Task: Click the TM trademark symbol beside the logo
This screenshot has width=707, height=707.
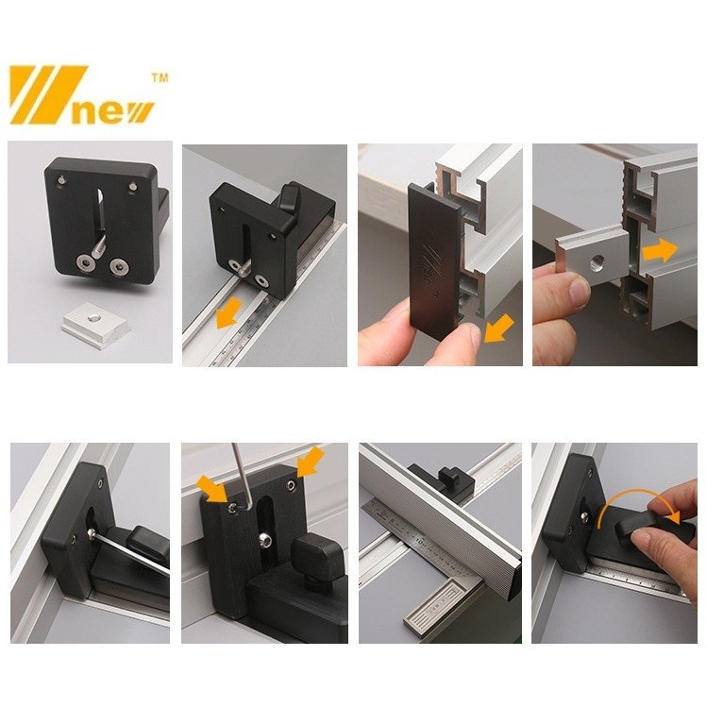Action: tap(160, 78)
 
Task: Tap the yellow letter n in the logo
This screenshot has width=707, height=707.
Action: tap(83, 112)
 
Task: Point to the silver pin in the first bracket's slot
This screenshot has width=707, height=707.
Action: tap(99, 248)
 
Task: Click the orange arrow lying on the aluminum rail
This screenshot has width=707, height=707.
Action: tap(228, 313)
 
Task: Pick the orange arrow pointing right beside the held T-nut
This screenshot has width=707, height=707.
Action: tap(660, 251)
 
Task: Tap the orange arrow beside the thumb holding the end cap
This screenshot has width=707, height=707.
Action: tap(498, 328)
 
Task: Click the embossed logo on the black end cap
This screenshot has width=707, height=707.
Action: tap(427, 270)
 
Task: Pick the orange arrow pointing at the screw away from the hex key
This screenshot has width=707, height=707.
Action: tap(311, 461)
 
